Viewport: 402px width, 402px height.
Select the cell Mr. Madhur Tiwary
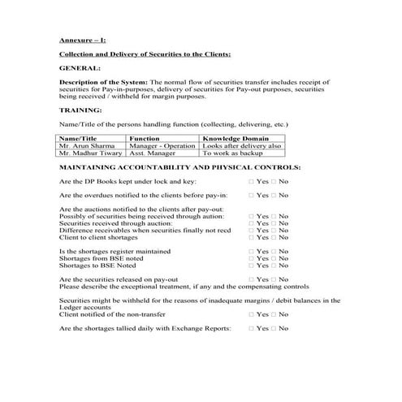click(89, 153)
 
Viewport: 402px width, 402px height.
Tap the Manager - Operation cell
click(162, 145)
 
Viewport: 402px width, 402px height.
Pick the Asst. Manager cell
click(151, 153)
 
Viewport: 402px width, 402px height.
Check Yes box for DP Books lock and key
click(252, 181)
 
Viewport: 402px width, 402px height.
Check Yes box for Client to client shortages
click(252, 237)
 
